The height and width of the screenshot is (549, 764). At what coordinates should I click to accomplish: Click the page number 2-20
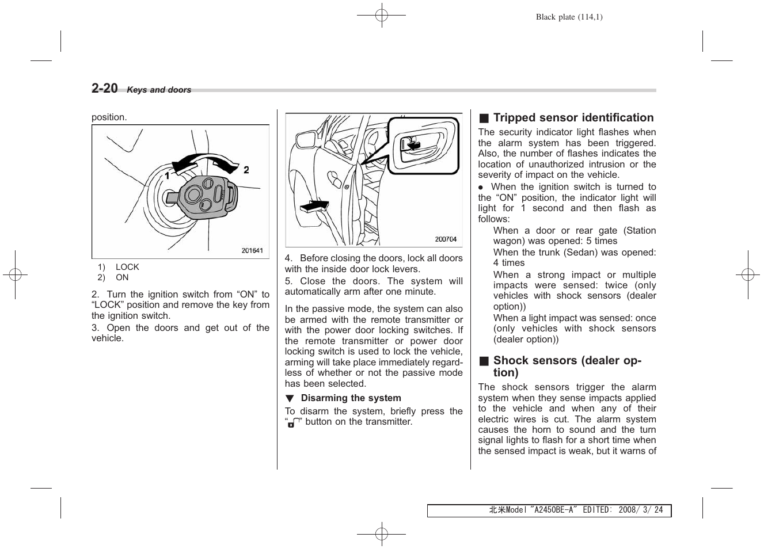coord(104,88)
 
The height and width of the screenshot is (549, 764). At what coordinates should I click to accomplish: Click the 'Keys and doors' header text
coord(159,90)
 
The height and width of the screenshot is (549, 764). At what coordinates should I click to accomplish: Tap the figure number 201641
coord(252,250)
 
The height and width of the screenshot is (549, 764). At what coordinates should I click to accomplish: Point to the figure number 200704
coord(445,239)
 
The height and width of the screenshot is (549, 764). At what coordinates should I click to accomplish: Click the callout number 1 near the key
coord(167,175)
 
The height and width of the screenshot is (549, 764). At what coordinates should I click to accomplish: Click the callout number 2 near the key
coord(246,170)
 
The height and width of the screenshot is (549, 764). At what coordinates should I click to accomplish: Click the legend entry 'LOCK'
coord(127,267)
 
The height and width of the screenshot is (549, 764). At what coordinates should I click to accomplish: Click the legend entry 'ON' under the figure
coord(122,277)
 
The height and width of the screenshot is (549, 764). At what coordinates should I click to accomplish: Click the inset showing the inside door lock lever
coord(424,145)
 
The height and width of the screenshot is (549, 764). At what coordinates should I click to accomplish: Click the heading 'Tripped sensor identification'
coord(573,118)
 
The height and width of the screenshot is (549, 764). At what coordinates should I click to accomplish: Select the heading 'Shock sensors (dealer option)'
coord(567,366)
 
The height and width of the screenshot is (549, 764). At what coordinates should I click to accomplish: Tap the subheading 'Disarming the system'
coord(351,398)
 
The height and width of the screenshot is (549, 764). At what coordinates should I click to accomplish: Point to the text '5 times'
coord(602,241)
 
